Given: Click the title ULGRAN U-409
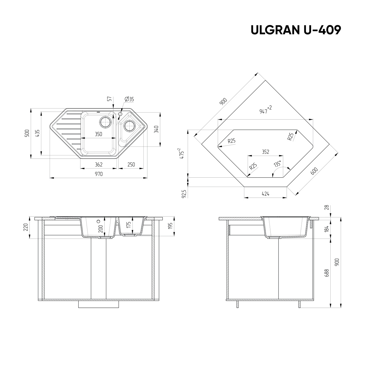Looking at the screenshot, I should click(295, 30).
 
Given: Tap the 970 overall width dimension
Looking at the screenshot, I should click(98, 174).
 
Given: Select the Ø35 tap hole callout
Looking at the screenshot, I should click(129, 99).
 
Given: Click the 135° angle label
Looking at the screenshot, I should click(278, 164).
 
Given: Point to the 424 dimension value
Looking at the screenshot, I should click(265, 194).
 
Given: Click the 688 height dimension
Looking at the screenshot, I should click(327, 273).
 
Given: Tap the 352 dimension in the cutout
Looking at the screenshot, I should click(265, 152).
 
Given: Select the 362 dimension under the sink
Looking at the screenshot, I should click(98, 165).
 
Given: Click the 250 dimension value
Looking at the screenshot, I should click(131, 165).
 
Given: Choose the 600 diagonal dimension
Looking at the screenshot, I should click(314, 171).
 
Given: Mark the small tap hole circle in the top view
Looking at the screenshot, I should click(120, 114).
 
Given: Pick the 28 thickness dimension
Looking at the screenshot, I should click(327, 207).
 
